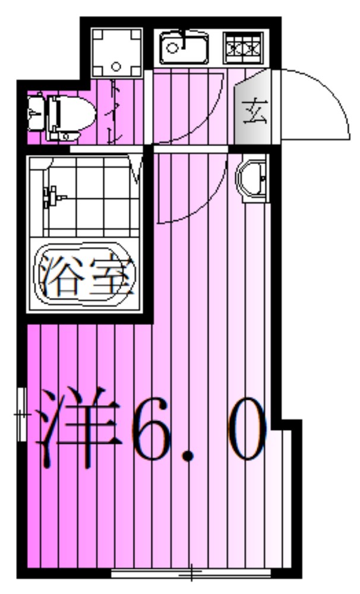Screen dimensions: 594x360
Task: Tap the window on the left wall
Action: (x=21, y=413)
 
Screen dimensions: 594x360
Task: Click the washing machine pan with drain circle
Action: (x=116, y=52)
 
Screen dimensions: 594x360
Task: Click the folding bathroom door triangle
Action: (x=137, y=169)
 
